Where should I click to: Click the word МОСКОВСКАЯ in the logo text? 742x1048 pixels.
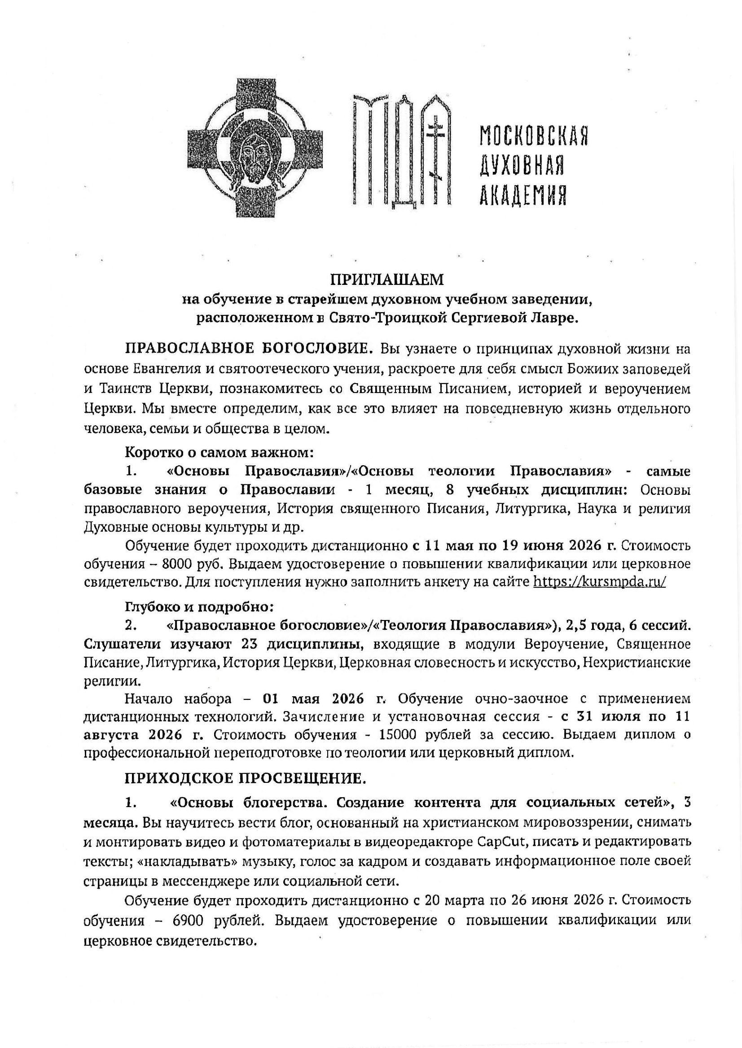[533, 135]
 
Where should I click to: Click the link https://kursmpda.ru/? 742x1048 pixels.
[599, 582]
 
